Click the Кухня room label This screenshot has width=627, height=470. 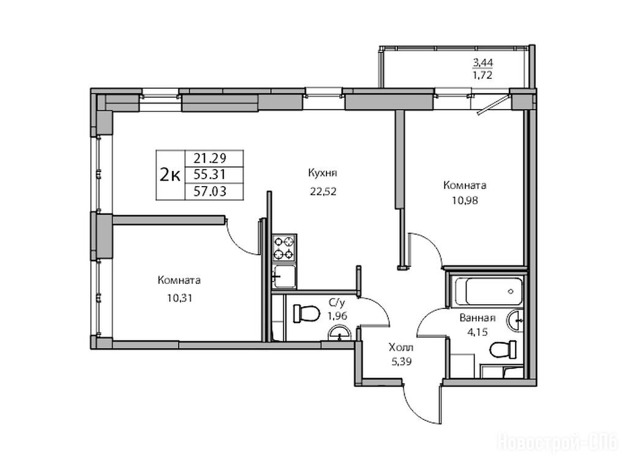[323, 173]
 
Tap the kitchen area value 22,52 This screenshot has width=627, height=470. [323, 192]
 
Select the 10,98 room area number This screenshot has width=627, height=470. [465, 200]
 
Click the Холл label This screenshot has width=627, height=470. [401, 347]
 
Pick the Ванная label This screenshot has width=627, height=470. [478, 318]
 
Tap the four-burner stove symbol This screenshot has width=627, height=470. [284, 248]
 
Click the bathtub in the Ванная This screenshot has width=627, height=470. [488, 291]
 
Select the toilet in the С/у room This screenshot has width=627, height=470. [306, 313]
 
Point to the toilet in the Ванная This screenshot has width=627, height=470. [503, 350]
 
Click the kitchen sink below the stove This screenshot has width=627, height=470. [284, 276]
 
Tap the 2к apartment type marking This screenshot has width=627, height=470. [170, 174]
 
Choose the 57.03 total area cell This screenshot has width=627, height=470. [210, 192]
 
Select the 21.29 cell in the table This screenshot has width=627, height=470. [210, 159]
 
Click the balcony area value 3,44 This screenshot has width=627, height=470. [483, 62]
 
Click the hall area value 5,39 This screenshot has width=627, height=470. [402, 362]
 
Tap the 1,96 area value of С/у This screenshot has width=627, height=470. [337, 316]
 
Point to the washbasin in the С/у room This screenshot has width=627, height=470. [339, 334]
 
